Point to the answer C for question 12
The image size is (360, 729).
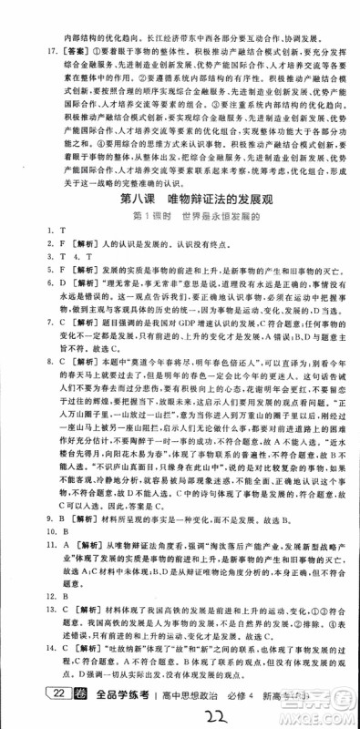pos(40,621)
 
